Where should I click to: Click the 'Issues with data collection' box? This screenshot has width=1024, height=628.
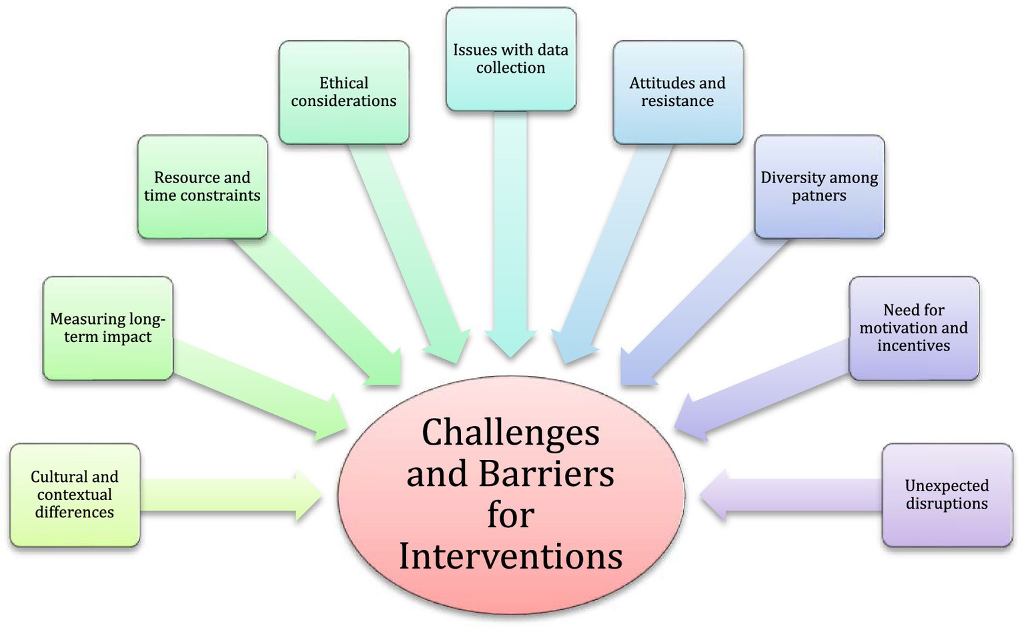tap(510, 59)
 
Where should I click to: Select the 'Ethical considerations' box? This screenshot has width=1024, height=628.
tap(344, 92)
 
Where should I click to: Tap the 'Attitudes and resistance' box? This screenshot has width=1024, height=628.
tap(678, 92)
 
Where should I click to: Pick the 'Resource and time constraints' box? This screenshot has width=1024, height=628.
tap(203, 187)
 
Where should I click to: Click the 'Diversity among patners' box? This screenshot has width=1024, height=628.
tap(819, 187)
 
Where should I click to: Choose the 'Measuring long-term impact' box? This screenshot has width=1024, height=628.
tap(108, 328)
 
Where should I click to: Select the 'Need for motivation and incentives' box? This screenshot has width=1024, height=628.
tap(914, 328)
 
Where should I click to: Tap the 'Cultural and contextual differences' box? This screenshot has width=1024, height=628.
tap(75, 495)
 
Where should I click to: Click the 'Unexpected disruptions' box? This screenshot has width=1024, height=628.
tap(947, 495)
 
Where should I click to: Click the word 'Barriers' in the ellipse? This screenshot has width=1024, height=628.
tap(546, 474)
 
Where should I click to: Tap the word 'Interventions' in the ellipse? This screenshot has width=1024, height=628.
tap(510, 556)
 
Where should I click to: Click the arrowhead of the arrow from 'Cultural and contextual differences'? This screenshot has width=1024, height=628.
tap(309, 495)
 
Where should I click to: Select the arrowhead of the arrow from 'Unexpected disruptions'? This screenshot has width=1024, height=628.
tap(713, 495)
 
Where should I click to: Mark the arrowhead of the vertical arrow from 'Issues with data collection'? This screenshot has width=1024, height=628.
tap(510, 343)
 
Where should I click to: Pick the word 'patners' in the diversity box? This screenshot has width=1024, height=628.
tap(819, 196)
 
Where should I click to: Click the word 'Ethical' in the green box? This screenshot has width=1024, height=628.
tap(344, 83)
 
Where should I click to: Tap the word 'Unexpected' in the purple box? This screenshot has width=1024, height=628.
tap(947, 485)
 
